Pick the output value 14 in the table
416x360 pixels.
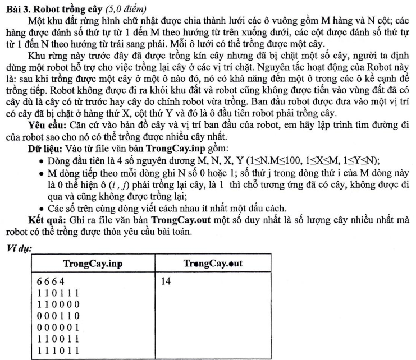[165, 281]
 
